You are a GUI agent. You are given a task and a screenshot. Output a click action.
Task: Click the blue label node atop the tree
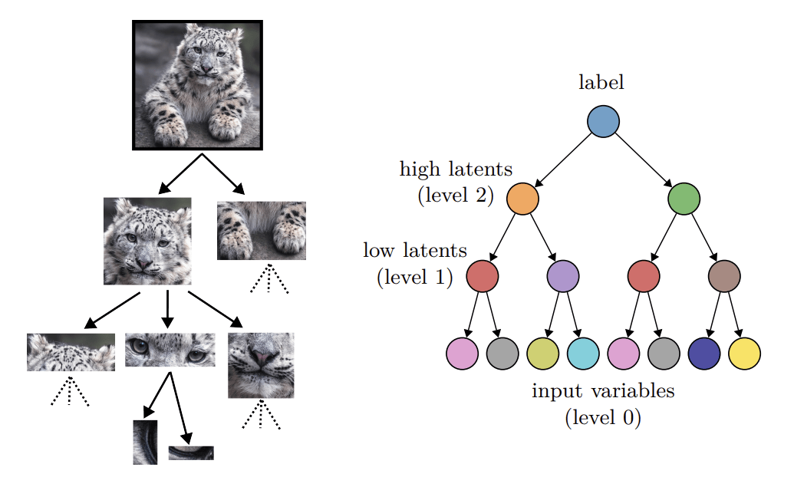pyautogui.click(x=603, y=121)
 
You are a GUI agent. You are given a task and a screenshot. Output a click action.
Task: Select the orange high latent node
pyautogui.click(x=522, y=199)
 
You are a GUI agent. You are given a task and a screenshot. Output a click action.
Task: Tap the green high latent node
pyautogui.click(x=684, y=199)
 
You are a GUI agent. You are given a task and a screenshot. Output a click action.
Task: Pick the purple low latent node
pyautogui.click(x=563, y=276)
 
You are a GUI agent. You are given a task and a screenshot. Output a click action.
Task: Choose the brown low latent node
pyautogui.click(x=724, y=276)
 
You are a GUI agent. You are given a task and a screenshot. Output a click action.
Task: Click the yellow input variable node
pyautogui.click(x=744, y=354)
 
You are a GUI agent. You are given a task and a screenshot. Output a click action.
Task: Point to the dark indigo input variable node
pyautogui.click(x=704, y=354)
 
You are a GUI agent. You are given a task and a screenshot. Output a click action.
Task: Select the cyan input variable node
pyautogui.click(x=583, y=354)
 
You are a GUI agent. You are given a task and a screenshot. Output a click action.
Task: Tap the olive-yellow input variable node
pyautogui.click(x=543, y=354)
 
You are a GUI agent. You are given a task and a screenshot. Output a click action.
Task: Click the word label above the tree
pyautogui.click(x=601, y=83)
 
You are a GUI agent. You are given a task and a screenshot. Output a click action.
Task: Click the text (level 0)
pyautogui.click(x=603, y=419)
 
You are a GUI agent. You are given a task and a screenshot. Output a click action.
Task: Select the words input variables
pyautogui.click(x=603, y=391)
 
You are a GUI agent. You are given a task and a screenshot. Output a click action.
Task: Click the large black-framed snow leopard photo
pyautogui.click(x=198, y=85)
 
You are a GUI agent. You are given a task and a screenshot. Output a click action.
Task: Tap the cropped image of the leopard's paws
pyautogui.click(x=262, y=231)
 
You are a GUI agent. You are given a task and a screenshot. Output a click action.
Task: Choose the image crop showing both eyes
pyautogui.click(x=170, y=350)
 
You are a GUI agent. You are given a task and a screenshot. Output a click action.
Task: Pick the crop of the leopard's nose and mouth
pyautogui.click(x=261, y=365)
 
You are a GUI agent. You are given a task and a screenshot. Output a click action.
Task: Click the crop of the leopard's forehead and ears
pyautogui.click(x=71, y=353)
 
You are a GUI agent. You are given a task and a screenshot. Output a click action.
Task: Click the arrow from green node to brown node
pyautogui.click(x=704, y=237)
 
